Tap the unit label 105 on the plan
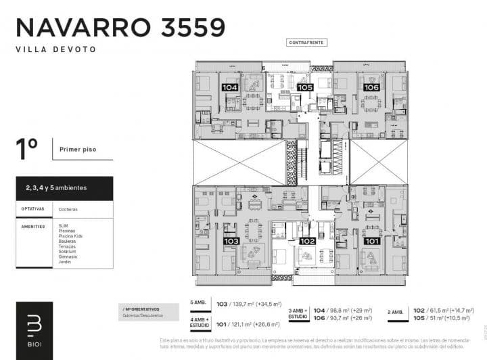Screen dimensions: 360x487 point(305,87)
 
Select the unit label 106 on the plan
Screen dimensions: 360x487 point(371,87)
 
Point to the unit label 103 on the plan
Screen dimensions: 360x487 point(231,241)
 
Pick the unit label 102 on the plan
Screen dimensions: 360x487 point(308,241)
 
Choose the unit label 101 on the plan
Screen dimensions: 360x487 point(371,241)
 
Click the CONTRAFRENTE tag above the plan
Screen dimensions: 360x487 point(306,42)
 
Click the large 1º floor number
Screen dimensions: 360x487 point(26,150)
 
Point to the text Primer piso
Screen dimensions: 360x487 point(77,149)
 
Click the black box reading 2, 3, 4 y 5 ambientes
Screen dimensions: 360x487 point(64,187)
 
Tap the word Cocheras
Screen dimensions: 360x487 point(68,209)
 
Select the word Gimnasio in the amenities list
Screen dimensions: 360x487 point(69,256)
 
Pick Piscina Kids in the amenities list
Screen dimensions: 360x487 point(71,236)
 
